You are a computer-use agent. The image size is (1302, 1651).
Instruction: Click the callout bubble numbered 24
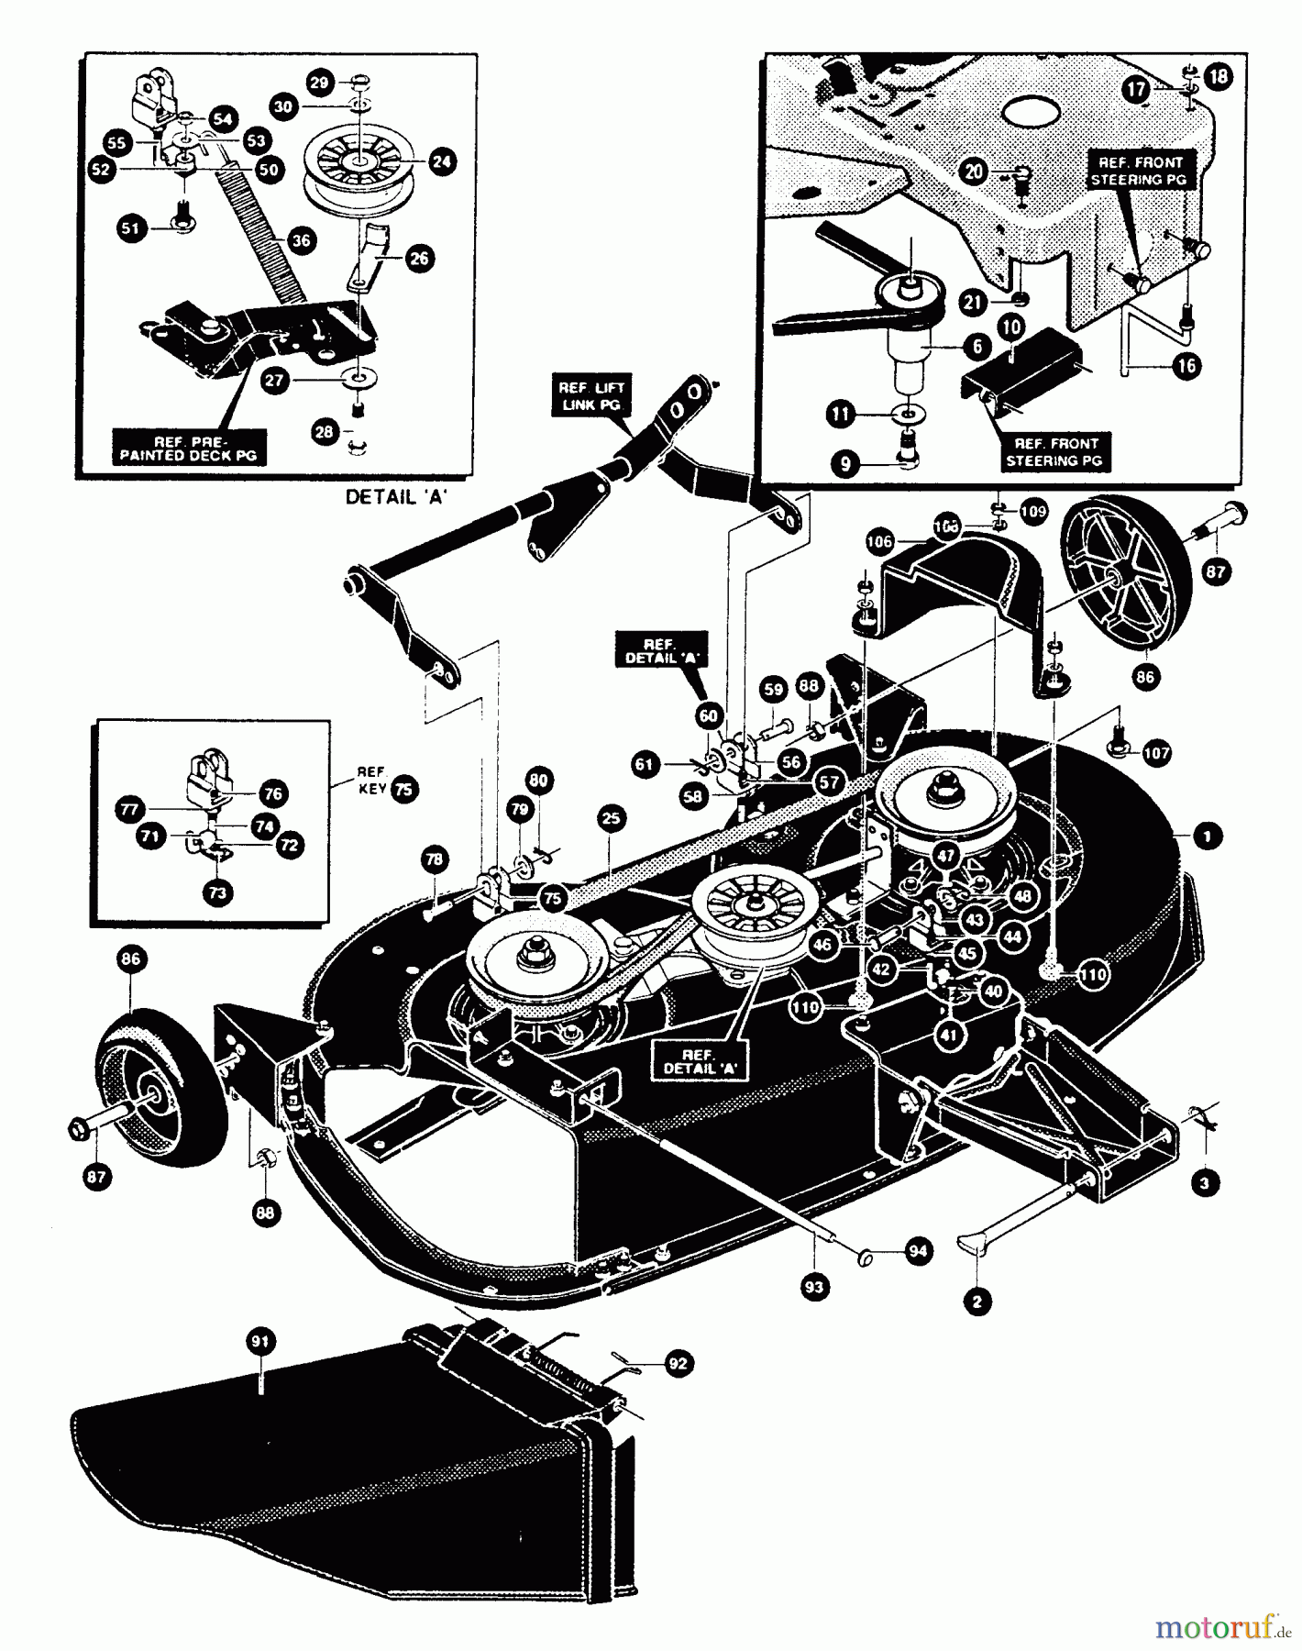tap(442, 162)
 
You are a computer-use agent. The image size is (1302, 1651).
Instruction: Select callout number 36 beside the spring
tap(300, 240)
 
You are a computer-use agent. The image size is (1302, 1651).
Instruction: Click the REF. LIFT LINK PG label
tap(591, 396)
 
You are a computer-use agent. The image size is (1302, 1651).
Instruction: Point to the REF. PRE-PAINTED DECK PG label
tap(189, 448)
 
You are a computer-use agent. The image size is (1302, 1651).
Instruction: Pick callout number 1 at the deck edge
tap(1208, 836)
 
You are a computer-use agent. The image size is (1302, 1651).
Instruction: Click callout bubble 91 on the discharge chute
tap(261, 1342)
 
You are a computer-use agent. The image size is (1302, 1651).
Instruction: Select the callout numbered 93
tap(813, 1288)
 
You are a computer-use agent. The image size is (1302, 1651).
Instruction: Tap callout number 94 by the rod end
tap(917, 1251)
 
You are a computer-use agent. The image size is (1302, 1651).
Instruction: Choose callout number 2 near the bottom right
tap(977, 1301)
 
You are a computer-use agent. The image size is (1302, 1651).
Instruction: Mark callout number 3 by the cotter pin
tap(1204, 1183)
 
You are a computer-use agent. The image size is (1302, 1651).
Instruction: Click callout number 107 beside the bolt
tap(1156, 753)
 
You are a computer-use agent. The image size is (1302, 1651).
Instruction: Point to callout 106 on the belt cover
tap(879, 542)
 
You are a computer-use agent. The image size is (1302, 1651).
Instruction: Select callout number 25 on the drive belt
tap(612, 818)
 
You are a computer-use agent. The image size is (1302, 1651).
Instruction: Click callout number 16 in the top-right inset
tap(1186, 366)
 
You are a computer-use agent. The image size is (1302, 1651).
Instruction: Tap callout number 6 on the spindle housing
tap(977, 346)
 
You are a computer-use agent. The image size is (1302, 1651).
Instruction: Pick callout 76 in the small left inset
tap(273, 793)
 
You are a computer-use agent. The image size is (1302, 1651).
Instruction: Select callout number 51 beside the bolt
tap(134, 227)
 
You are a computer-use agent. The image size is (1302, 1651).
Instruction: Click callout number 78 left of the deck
tap(434, 859)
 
